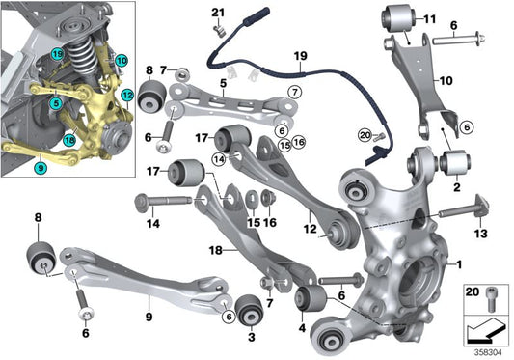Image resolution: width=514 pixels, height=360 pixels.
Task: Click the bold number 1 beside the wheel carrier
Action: [459, 263]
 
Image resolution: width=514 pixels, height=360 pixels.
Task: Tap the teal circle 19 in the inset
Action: [59, 54]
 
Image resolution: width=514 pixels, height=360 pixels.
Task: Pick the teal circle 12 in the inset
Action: [126, 96]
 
